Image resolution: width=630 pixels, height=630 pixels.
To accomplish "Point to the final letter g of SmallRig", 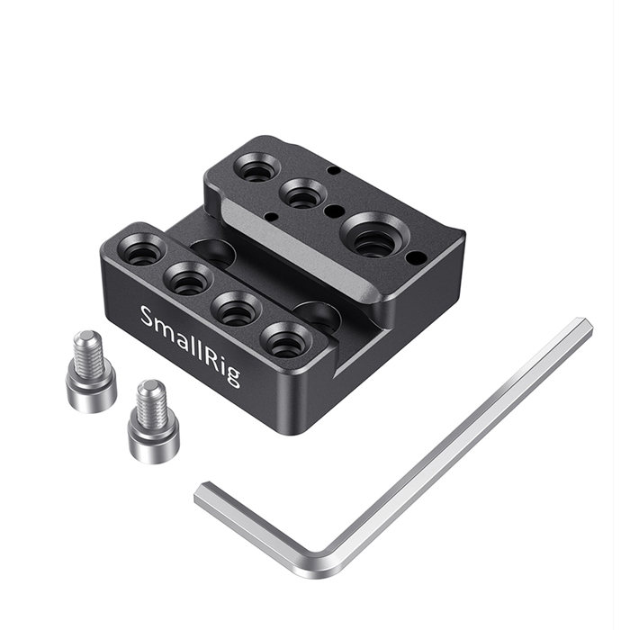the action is tap(231, 374).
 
